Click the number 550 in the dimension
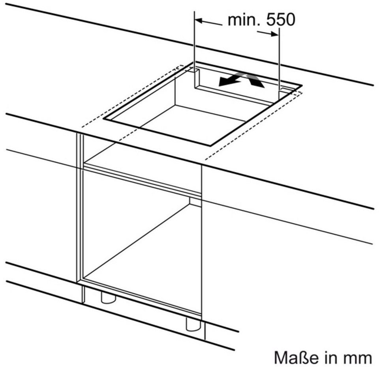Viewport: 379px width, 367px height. [280, 20]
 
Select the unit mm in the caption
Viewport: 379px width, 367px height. [359, 358]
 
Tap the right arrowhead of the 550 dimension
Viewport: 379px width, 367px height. [275, 34]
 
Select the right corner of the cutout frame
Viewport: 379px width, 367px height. [301, 85]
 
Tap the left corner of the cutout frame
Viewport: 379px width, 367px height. [104, 118]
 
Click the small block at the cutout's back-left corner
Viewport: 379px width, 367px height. [195, 71]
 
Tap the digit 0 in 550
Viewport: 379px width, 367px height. [289, 20]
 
